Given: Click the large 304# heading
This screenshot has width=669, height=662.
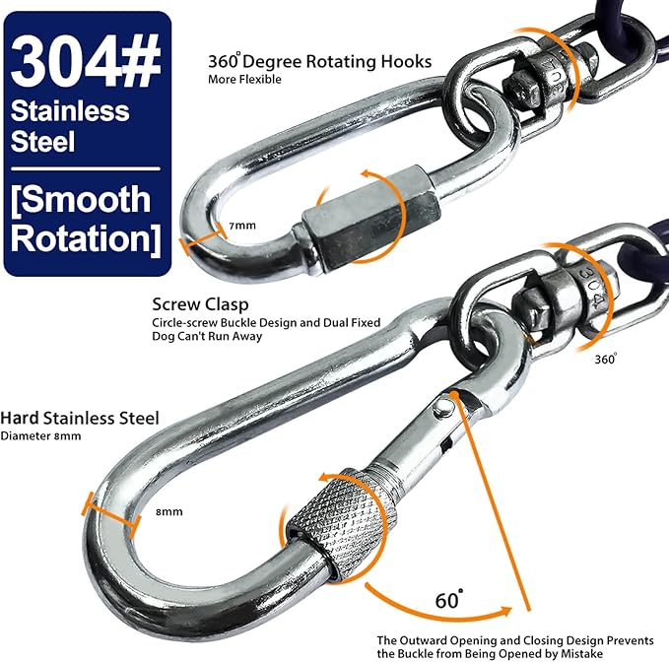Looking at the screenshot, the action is [x=86, y=60].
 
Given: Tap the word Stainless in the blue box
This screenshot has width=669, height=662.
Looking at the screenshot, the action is [x=70, y=111].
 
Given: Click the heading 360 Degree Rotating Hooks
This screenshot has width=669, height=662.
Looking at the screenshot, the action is [x=319, y=61].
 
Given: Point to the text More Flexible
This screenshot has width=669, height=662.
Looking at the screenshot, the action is [x=244, y=80].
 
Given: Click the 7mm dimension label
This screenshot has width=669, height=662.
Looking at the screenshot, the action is [x=242, y=226].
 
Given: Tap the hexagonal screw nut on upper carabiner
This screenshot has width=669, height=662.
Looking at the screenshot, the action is [x=369, y=219].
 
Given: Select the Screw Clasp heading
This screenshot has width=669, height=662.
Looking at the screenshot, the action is [x=200, y=304].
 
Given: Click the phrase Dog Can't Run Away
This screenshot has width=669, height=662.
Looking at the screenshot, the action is [x=207, y=336].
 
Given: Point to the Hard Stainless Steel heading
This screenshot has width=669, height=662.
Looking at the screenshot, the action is [x=80, y=418].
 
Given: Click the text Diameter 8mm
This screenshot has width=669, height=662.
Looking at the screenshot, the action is [x=41, y=436].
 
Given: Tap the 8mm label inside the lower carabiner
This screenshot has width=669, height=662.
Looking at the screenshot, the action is [x=168, y=511].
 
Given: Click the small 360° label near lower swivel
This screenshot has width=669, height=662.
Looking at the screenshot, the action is [x=606, y=360].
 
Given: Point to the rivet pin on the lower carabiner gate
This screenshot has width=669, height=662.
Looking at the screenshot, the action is [x=443, y=410].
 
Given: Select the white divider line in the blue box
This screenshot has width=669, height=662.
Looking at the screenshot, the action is [x=86, y=168].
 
